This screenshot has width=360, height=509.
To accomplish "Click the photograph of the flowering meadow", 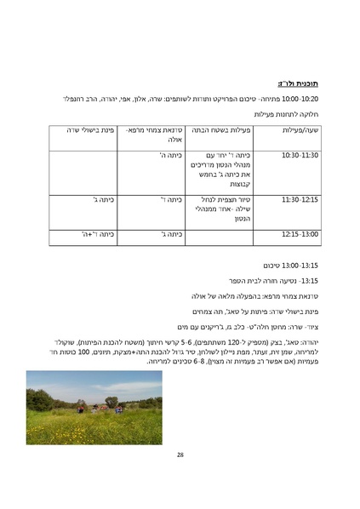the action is [x=94, y=408].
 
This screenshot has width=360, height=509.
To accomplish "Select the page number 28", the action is [x=180, y=455].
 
